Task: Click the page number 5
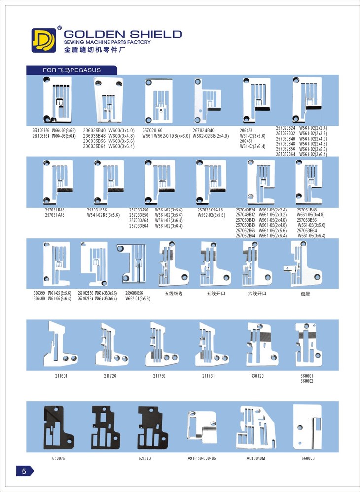tap(23, 471)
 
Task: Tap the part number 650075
tap(58, 458)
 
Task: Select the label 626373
tap(145, 458)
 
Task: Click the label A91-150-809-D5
tap(202, 458)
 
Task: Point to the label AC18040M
tap(256, 458)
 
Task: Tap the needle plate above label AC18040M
tap(255, 427)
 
